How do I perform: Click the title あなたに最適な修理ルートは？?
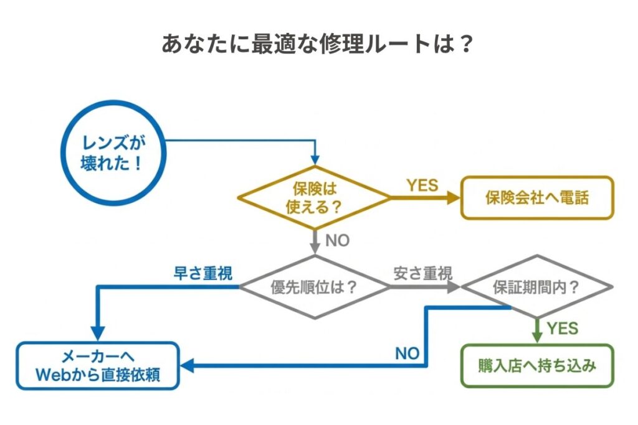pos(318,45)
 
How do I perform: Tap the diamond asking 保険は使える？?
pos(315,197)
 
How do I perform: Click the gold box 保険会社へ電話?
pos(536,197)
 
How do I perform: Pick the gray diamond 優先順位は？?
pos(315,287)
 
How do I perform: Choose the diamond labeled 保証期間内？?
pos(536,287)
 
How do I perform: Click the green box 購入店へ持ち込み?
pos(536,365)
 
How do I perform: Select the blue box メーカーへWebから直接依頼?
pos(98,365)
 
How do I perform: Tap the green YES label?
pos(563,327)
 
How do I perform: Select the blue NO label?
pos(407,353)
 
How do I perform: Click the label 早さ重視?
pos(202,274)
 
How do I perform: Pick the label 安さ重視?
pos(422,273)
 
